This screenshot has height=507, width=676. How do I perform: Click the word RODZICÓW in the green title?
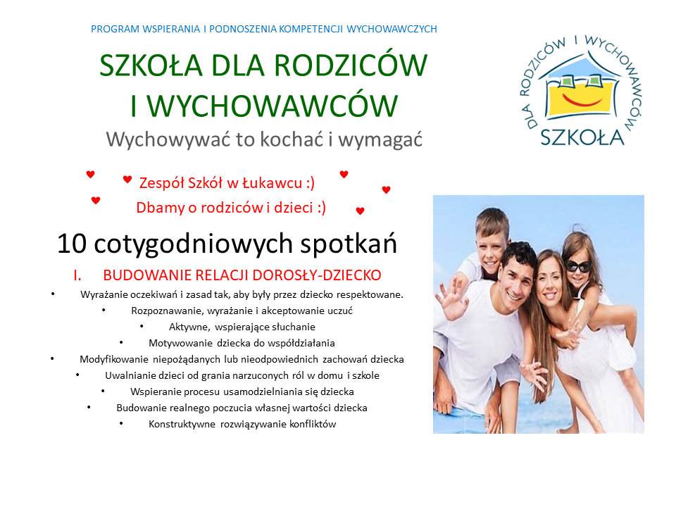(x=351, y=65)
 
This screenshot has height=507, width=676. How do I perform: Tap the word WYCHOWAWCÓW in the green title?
(x=273, y=106)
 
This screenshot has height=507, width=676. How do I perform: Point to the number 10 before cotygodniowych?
(x=72, y=244)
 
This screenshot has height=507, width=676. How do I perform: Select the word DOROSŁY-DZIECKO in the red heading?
(x=317, y=275)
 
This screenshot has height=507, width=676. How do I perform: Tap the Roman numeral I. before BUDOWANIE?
(x=77, y=275)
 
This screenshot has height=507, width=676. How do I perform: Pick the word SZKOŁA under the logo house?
(x=582, y=137)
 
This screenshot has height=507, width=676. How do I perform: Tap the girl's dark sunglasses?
(x=578, y=266)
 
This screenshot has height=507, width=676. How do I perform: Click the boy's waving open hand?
(x=451, y=297)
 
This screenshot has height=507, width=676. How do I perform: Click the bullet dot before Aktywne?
(x=142, y=326)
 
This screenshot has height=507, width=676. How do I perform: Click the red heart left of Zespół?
(x=127, y=179)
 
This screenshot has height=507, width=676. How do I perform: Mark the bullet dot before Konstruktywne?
(x=121, y=423)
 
